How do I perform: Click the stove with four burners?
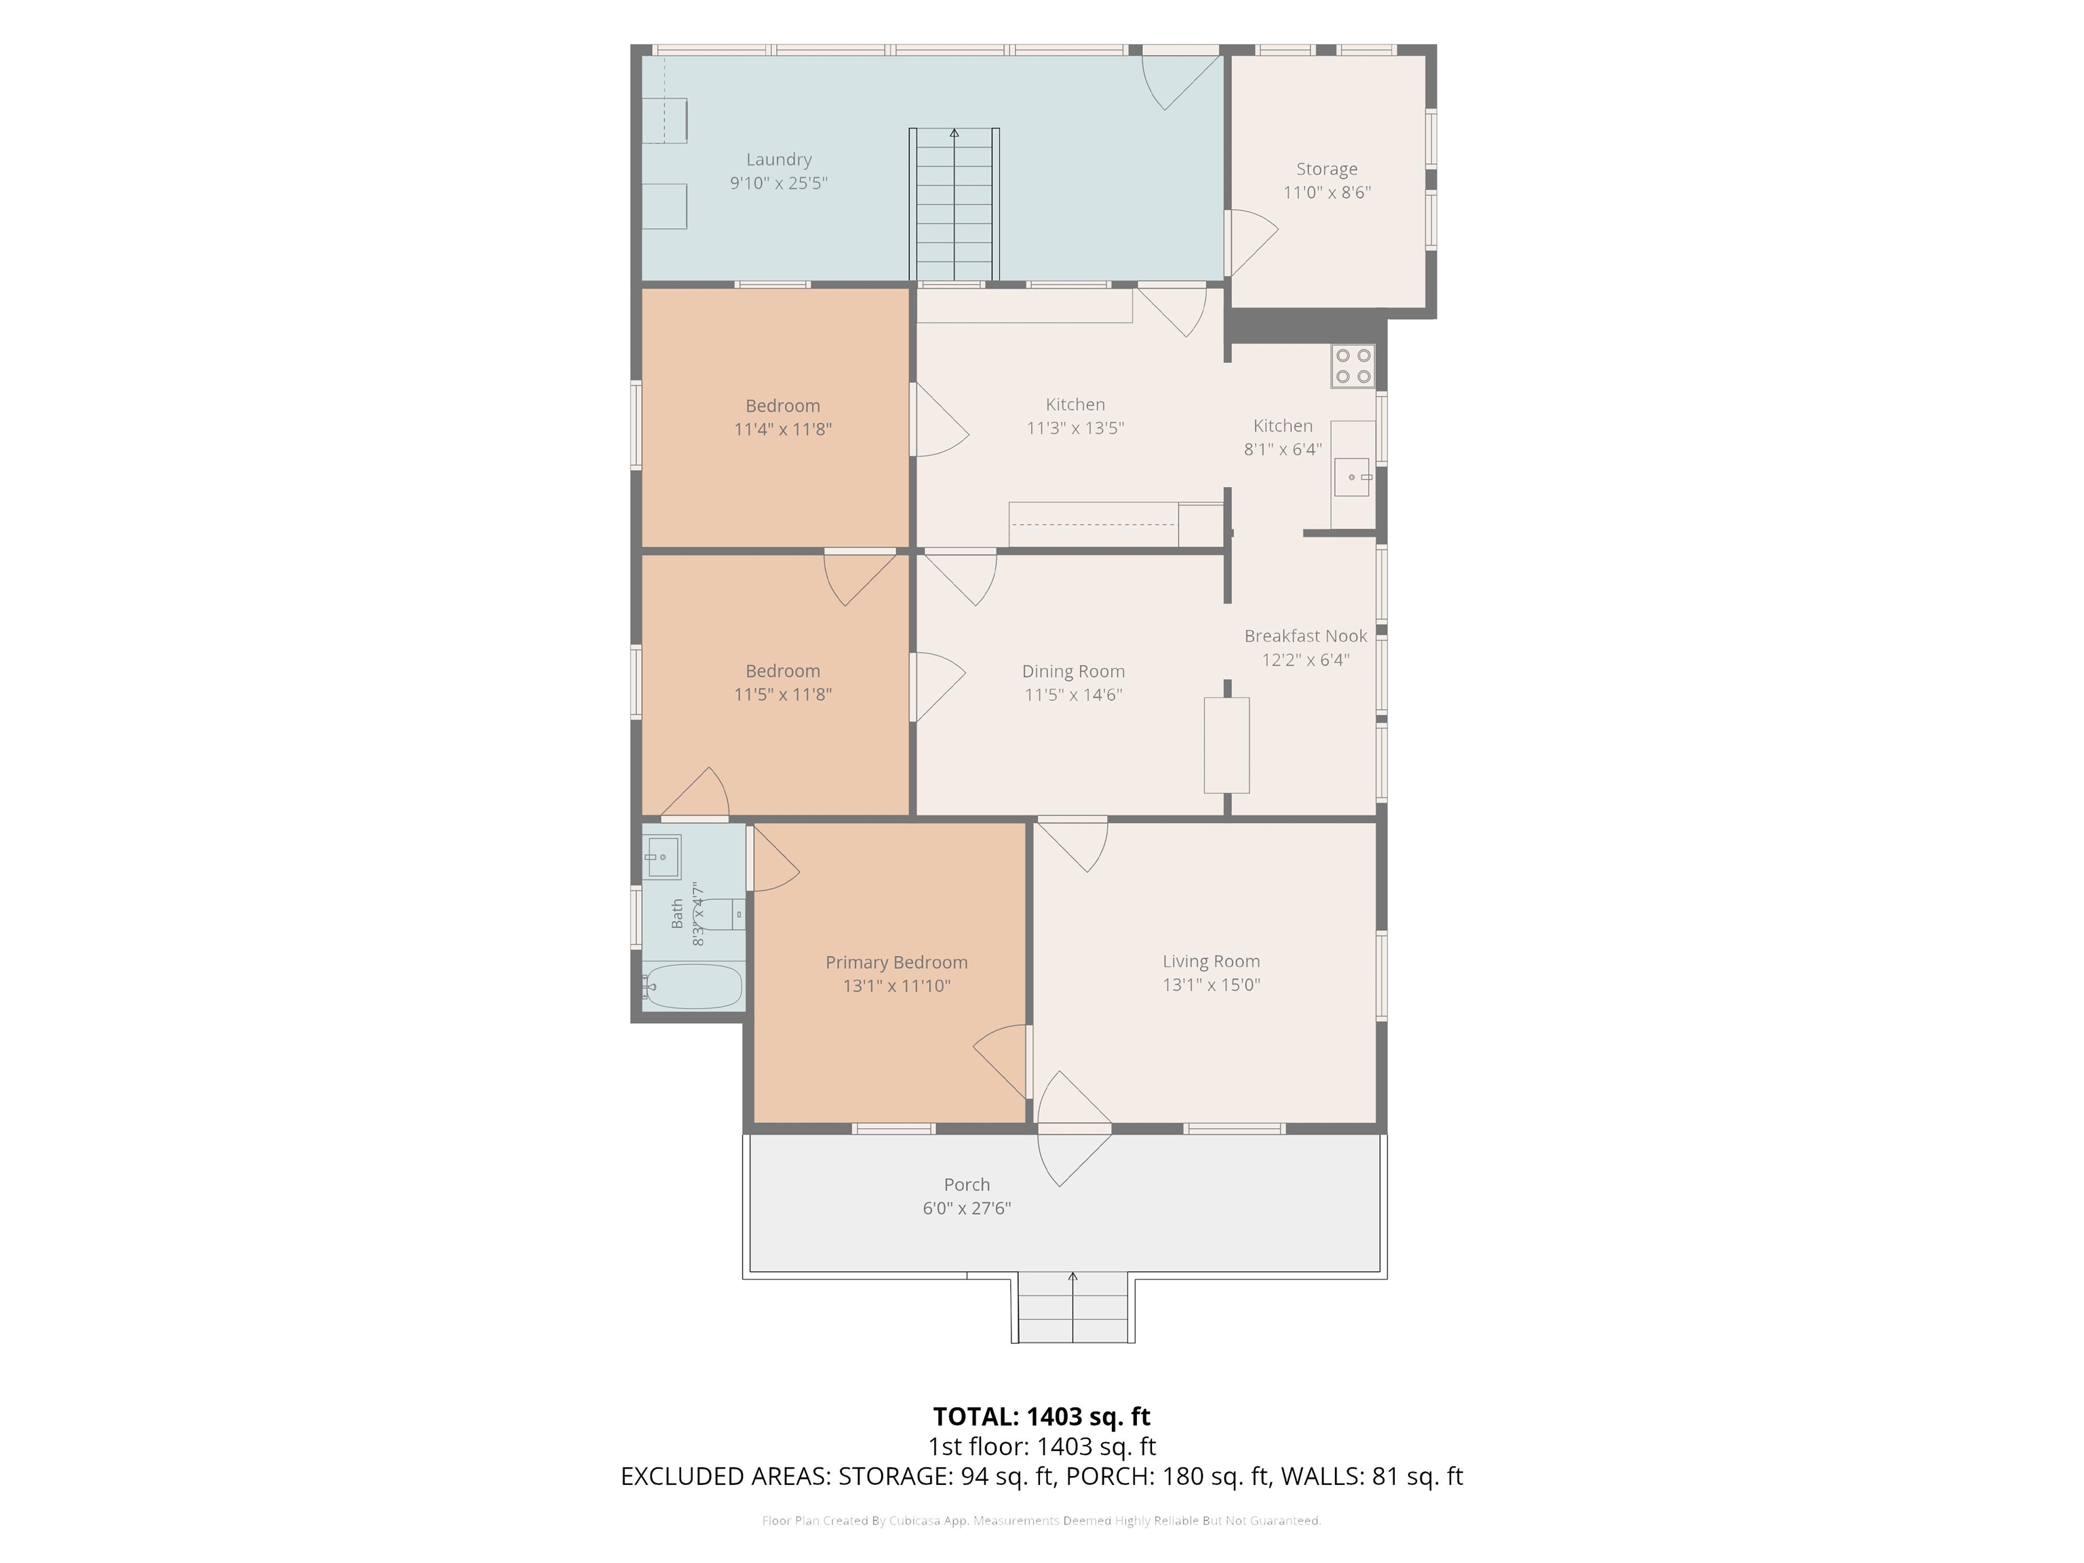[1353, 366]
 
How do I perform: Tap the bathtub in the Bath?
[693, 986]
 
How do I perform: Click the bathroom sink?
[662, 856]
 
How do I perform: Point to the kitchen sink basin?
[1352, 478]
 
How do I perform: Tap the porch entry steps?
[1073, 1308]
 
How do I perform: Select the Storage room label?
[1326, 170]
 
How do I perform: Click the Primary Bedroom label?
[897, 963]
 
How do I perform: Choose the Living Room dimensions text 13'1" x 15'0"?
[1212, 986]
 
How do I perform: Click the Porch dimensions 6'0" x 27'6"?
[967, 1209]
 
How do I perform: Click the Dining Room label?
[1074, 672]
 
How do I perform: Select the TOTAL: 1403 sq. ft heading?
[1042, 1417]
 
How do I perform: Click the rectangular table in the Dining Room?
[1227, 746]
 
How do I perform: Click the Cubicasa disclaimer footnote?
[1042, 1521]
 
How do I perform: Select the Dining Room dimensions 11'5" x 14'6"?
[1074, 695]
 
